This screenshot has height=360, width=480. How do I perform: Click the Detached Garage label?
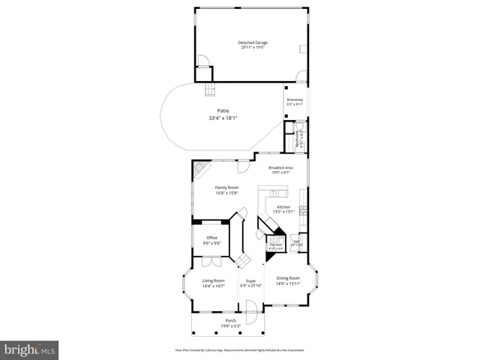pyautogui.click(x=253, y=43)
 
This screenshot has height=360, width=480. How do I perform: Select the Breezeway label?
pyautogui.click(x=295, y=100)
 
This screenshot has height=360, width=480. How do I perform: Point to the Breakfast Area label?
pyautogui.click(x=280, y=167)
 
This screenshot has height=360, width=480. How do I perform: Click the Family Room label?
pyautogui.click(x=226, y=187)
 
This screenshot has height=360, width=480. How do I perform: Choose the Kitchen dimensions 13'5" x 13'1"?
pyautogui.click(x=283, y=211)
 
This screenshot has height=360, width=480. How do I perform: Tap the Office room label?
pyautogui.click(x=212, y=238)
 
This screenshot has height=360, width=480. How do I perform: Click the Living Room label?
pyautogui.click(x=214, y=280)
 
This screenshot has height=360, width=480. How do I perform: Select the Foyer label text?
pyautogui.click(x=251, y=280)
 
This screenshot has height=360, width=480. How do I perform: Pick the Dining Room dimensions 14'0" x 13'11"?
pyautogui.click(x=287, y=283)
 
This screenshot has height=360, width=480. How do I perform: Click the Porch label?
pyautogui.click(x=230, y=320)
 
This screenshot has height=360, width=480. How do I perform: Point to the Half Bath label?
pyautogui.click(x=275, y=244)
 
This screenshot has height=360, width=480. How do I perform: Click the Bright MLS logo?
pyautogui.click(x=30, y=349)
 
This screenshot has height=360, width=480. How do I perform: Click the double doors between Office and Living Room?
pyautogui.click(x=211, y=262)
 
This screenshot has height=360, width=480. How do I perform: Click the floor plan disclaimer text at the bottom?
pyautogui.click(x=239, y=350)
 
